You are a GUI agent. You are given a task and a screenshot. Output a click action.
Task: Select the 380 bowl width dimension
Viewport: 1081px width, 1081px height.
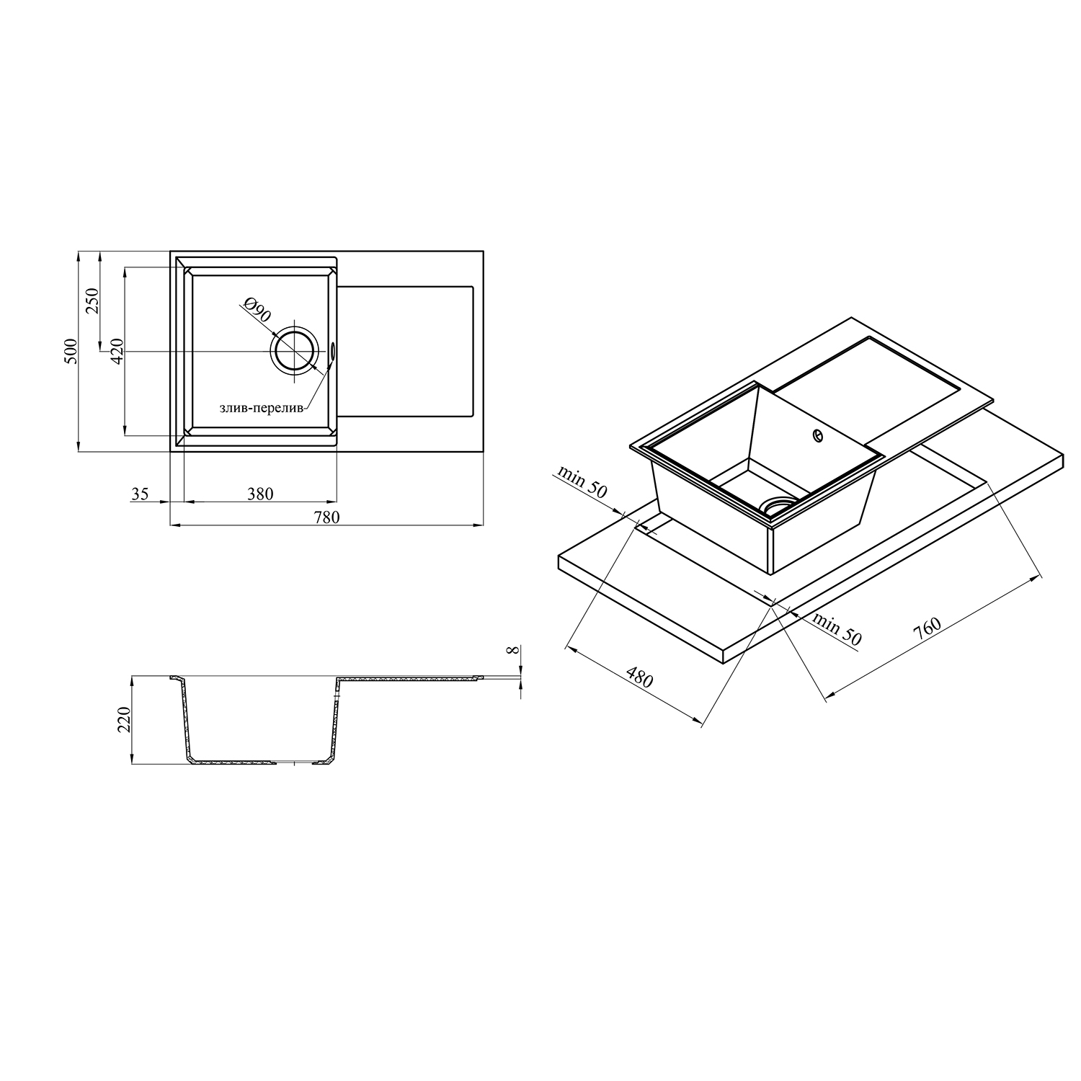pos(260,494)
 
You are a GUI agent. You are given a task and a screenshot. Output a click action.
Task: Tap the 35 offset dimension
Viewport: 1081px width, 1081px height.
pos(140,494)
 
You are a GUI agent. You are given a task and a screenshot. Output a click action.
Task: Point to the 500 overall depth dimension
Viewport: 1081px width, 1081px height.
pos(71,351)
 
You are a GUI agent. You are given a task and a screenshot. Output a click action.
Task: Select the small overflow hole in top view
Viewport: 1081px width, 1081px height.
pos(333,350)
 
